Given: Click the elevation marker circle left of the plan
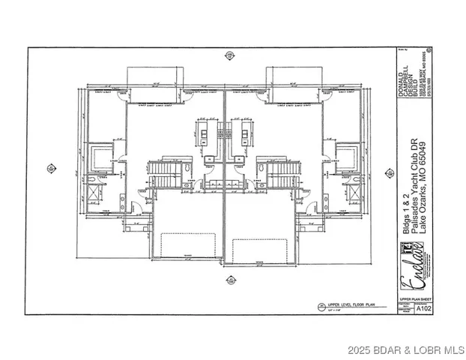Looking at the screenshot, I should point(50,166).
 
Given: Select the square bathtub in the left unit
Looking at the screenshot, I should point(97,157).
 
